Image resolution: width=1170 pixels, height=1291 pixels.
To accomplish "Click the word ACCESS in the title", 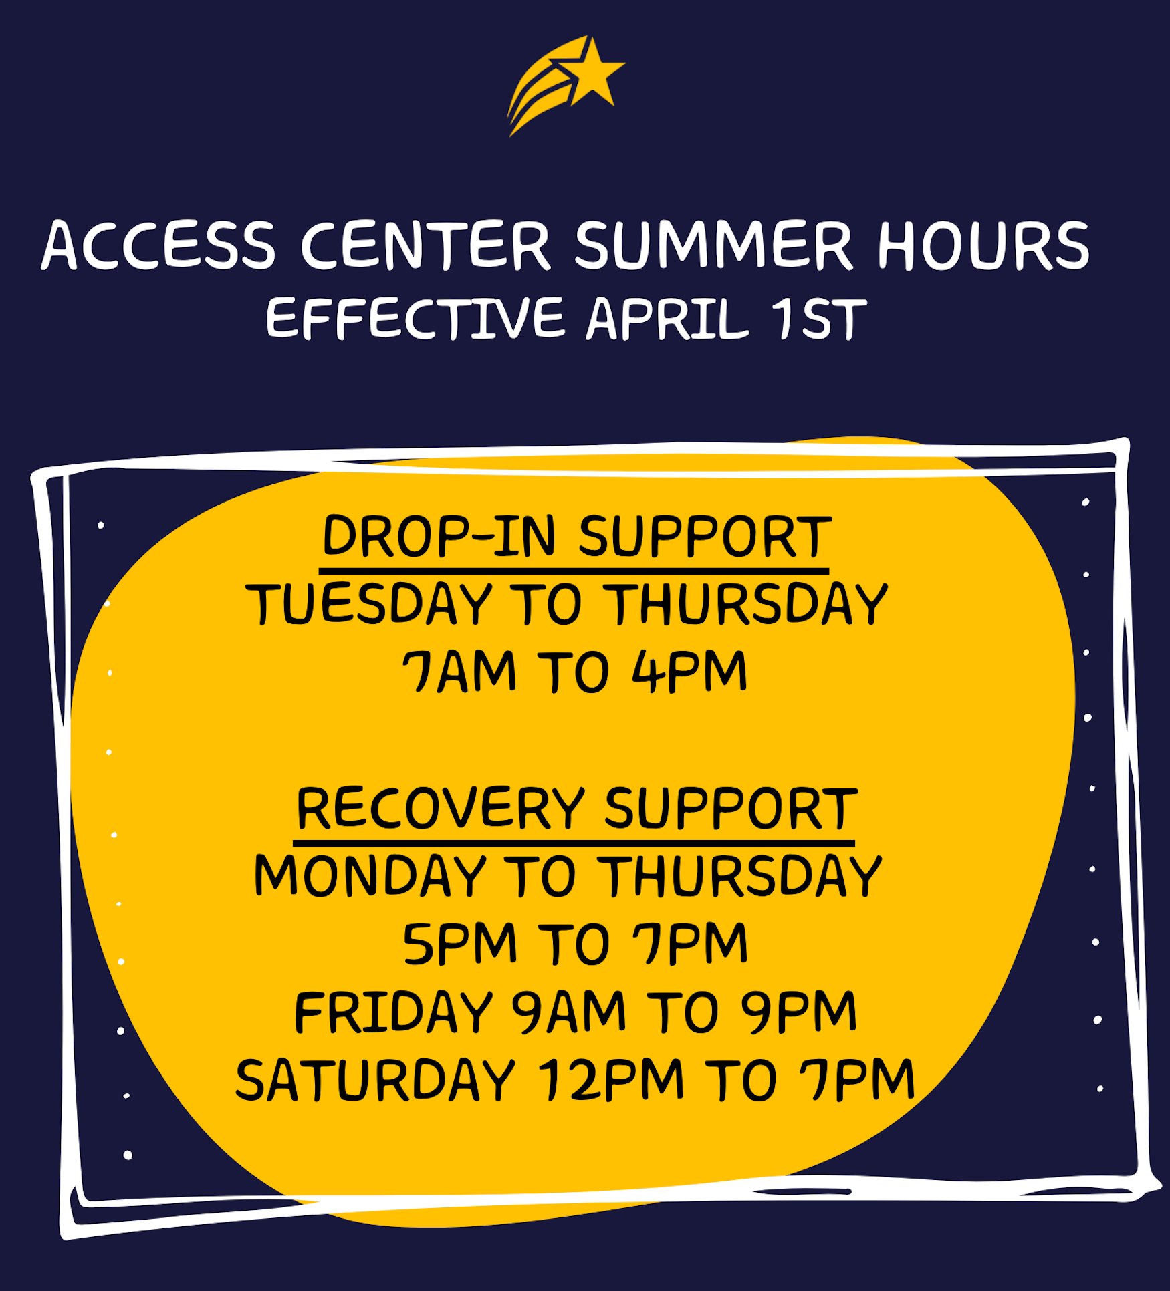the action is [x=158, y=245].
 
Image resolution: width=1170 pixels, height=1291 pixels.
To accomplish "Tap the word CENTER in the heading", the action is [x=425, y=245].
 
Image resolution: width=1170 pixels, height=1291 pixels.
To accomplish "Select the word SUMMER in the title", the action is [x=713, y=245].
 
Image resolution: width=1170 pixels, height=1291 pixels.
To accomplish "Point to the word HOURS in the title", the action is [x=983, y=245].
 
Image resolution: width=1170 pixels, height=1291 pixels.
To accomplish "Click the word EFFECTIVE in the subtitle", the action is [x=415, y=319].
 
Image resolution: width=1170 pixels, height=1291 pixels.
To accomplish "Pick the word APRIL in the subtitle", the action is [x=667, y=319].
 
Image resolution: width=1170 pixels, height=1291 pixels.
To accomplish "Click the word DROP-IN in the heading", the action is [x=439, y=536].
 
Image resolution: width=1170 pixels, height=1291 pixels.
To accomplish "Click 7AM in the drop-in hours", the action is [x=459, y=671].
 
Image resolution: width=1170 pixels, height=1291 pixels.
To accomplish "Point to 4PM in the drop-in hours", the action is [x=689, y=671].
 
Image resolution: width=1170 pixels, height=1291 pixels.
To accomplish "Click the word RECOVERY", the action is [x=440, y=808].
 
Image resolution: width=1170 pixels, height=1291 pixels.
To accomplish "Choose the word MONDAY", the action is [x=370, y=875].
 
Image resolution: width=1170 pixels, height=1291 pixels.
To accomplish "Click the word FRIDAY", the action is [x=393, y=1012].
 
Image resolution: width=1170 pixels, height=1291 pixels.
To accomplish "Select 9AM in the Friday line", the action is [x=569, y=1012].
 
